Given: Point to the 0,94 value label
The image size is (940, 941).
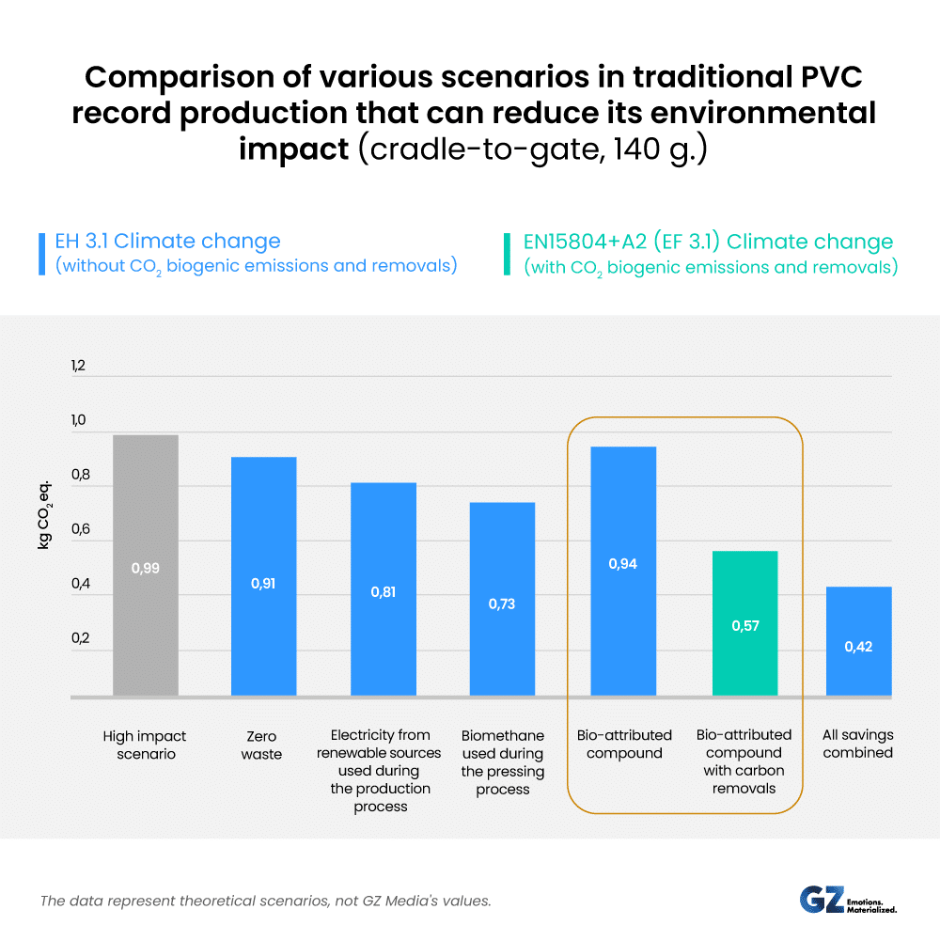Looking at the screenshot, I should [622, 564].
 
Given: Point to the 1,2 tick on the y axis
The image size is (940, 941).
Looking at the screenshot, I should [78, 366].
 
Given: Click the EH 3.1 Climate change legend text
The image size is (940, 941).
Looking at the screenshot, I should [168, 242].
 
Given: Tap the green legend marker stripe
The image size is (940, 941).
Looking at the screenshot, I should [510, 253].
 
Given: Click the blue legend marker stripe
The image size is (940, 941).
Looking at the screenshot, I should [41, 253].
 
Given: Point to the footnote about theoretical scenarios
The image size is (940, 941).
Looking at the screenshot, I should [265, 901].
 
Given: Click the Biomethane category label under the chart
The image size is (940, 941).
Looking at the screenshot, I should [502, 762].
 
